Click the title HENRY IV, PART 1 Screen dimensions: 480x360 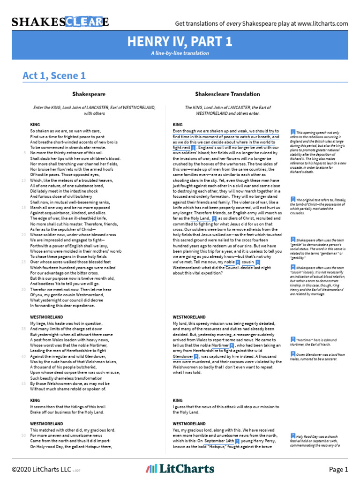180,42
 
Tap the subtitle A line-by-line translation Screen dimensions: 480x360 180,53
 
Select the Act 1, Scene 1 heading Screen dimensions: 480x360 54,75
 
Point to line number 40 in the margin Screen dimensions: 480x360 23,357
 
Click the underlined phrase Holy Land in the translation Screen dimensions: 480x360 200,218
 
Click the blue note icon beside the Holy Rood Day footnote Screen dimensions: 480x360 292,435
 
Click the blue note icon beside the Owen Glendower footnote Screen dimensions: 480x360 292,355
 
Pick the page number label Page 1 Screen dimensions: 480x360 338,469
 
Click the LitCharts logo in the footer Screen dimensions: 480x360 180,469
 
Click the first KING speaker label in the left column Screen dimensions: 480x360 35,124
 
